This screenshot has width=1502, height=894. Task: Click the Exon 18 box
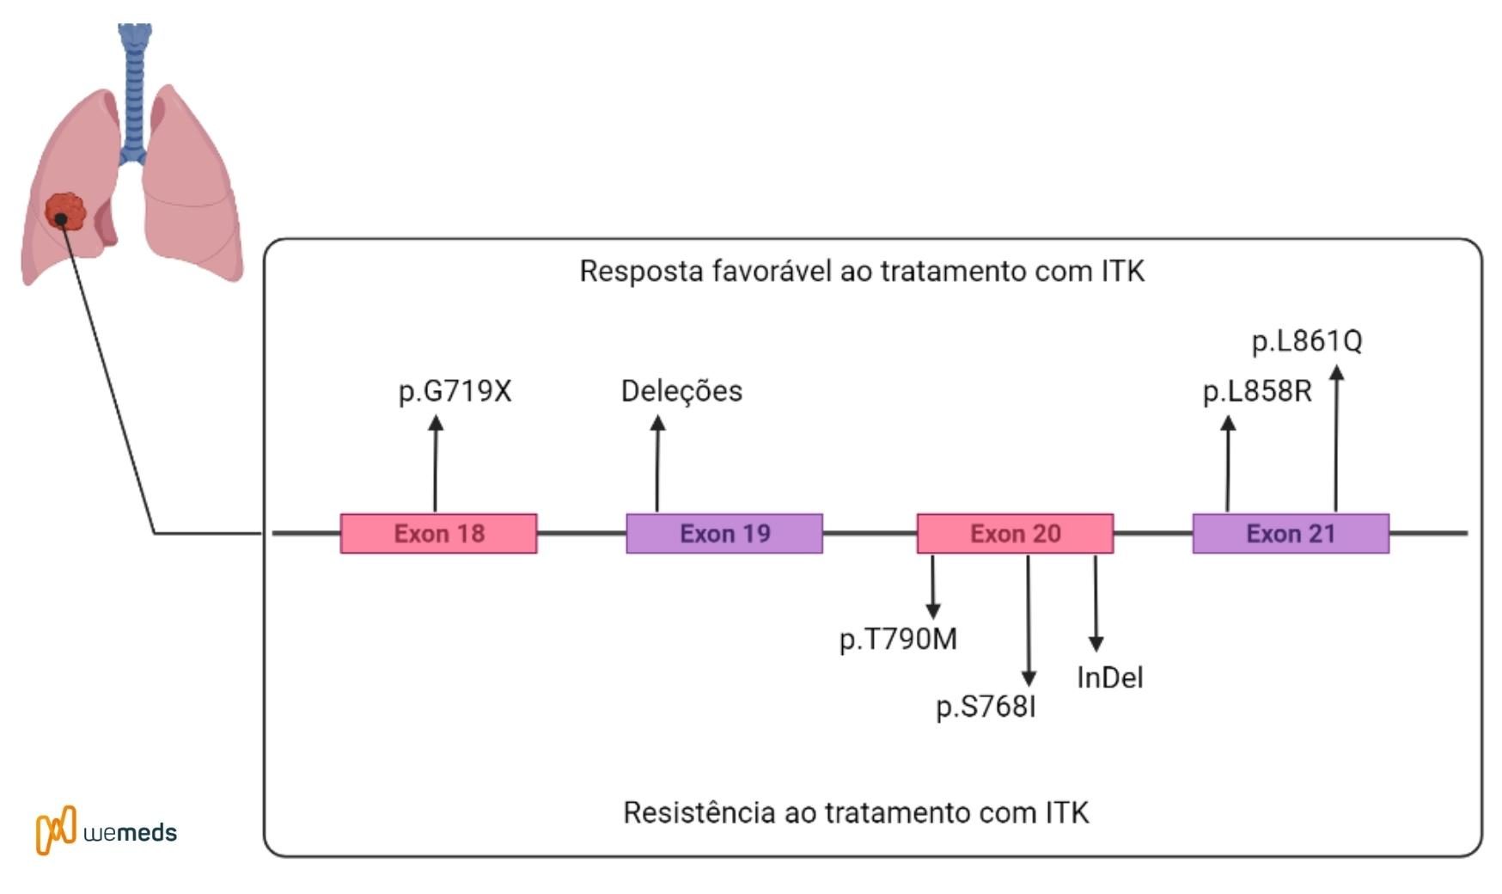[438, 533]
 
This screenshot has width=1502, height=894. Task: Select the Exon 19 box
[724, 533]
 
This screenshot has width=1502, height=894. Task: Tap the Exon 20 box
[1015, 533]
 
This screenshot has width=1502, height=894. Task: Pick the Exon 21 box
[1290, 533]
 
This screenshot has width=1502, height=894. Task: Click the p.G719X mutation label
[455, 391]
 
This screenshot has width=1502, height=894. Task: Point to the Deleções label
[681, 391]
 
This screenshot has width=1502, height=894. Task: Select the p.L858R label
[1257, 392]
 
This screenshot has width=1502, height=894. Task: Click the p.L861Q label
[1307, 341]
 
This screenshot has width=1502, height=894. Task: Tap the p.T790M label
[898, 640]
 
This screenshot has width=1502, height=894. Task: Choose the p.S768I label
[986, 707]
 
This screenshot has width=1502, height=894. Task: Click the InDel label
[1109, 677]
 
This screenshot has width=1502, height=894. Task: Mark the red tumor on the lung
[65, 211]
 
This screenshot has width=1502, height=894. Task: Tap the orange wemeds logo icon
[56, 830]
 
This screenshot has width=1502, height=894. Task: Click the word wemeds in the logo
[131, 832]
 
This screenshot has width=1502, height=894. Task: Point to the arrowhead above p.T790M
[932, 610]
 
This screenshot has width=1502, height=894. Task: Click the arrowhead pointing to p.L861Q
[1336, 373]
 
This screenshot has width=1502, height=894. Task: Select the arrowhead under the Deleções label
[657, 423]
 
